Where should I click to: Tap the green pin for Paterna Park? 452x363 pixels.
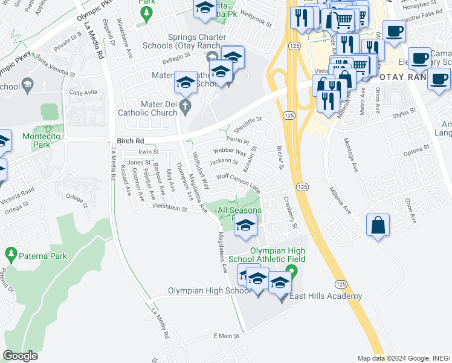[10, 253]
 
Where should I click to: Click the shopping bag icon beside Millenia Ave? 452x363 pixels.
[378, 225]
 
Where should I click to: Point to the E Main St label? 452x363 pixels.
[227, 336]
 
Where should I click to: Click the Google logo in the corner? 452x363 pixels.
[21, 356]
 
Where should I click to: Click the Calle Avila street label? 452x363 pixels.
[83, 93]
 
